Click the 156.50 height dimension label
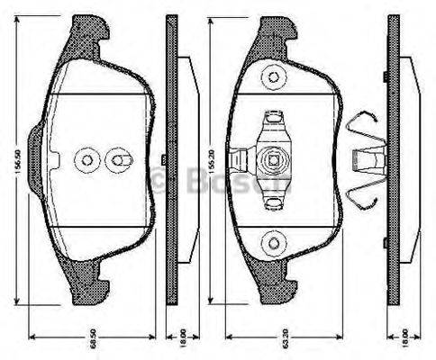coord(14,165)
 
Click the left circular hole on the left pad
coord(86,160)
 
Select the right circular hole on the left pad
coord(119,160)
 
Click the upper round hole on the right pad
coord(270,78)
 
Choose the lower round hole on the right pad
coord(270,242)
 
